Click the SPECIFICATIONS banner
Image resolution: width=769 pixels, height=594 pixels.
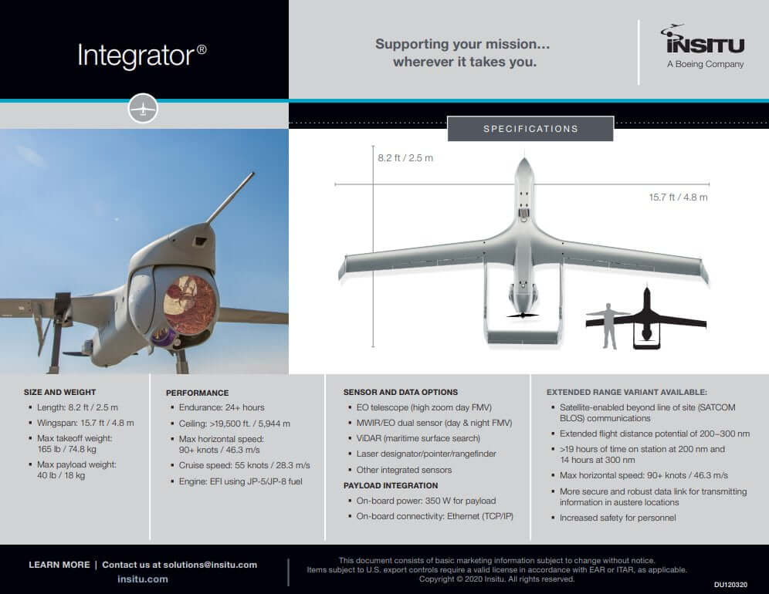[x=530, y=129]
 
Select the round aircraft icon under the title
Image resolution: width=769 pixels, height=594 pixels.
[x=143, y=109]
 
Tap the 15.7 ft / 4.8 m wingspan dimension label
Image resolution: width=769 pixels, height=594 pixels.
[x=678, y=197]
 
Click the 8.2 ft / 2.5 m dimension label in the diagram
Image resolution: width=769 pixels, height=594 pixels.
[x=405, y=158]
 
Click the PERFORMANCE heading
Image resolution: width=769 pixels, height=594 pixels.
[x=197, y=393]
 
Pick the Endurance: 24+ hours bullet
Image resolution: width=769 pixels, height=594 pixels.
[x=221, y=407]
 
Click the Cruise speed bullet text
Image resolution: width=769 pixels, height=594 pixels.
[x=244, y=466]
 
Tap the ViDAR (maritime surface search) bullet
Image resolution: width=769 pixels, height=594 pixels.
[x=418, y=438]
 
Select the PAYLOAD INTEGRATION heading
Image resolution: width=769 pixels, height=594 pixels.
[x=390, y=485]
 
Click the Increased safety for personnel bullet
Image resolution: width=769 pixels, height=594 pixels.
[x=617, y=518]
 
